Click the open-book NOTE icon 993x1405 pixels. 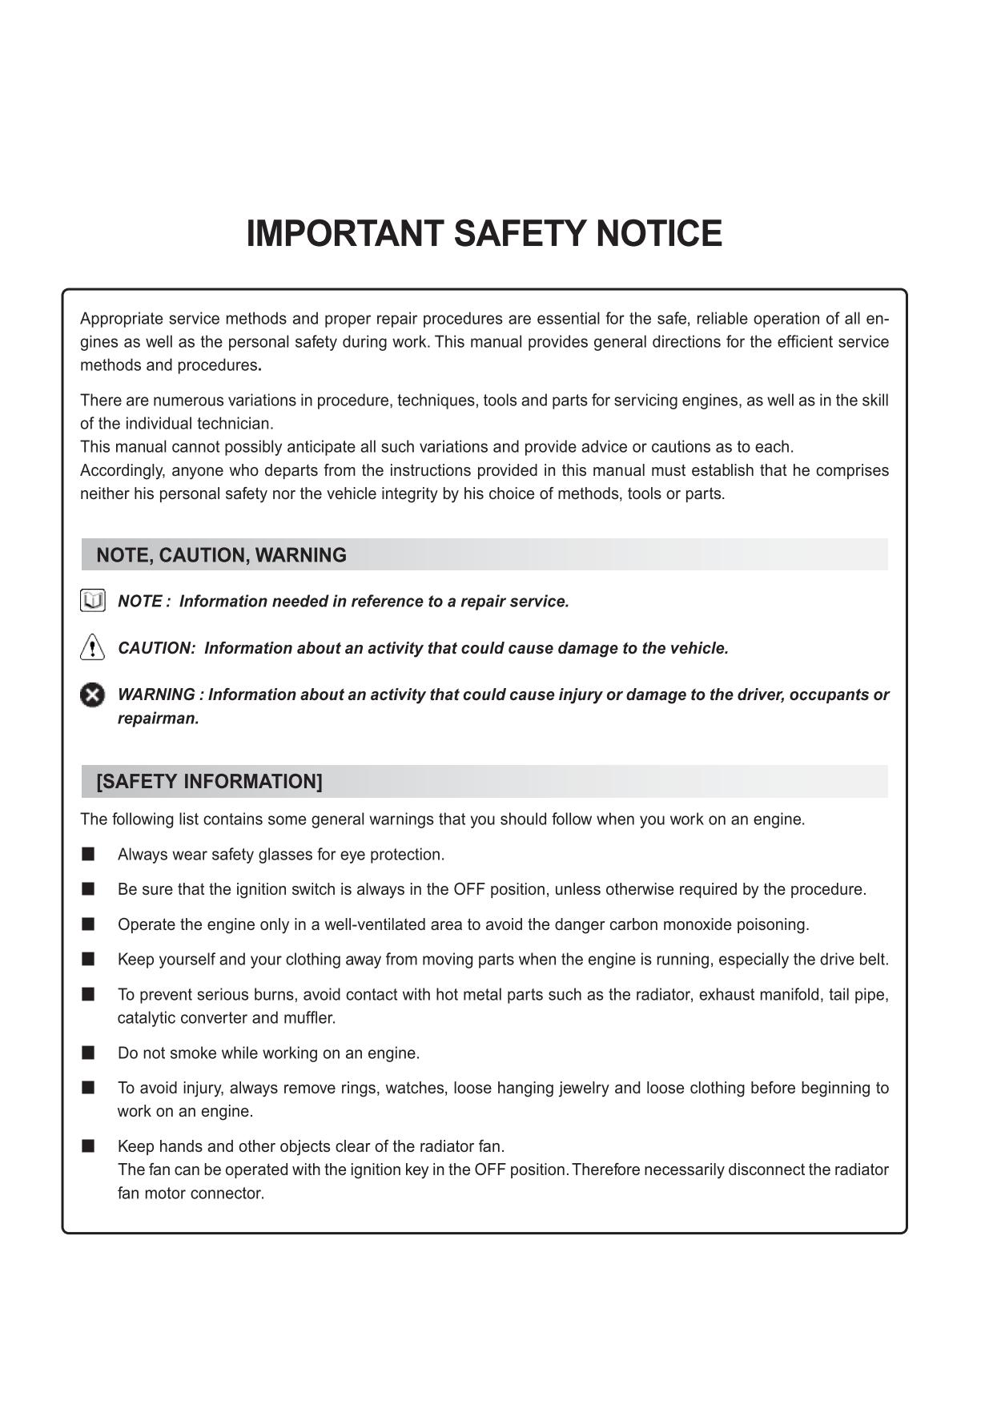(93, 601)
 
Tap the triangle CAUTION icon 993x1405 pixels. (93, 646)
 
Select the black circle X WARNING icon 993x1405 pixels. (93, 694)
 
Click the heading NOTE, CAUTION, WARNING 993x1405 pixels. (221, 555)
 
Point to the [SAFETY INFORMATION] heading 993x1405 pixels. (209, 782)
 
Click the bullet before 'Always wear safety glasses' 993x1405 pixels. (88, 854)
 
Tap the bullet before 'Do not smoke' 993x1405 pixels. (88, 1053)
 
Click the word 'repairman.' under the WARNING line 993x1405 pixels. (158, 719)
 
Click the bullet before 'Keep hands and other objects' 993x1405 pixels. (88, 1146)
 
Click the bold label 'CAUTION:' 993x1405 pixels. (156, 648)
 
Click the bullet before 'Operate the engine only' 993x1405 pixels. (88, 924)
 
